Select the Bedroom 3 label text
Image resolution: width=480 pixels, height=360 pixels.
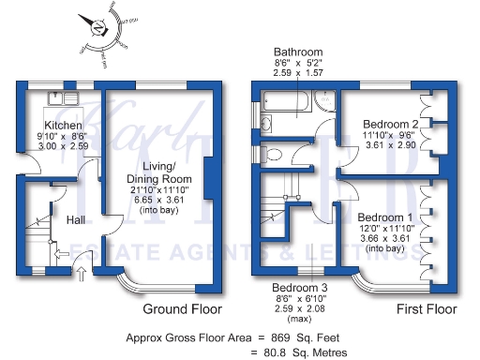299,287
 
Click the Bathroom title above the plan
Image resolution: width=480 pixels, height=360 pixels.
298,52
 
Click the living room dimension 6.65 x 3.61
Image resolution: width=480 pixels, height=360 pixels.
160,200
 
